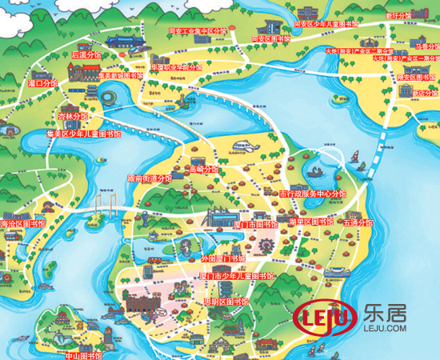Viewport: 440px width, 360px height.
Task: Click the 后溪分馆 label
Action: (x=87, y=55)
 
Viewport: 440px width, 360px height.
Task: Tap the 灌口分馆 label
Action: (x=42, y=82)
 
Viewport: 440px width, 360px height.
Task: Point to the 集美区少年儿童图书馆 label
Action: (x=84, y=134)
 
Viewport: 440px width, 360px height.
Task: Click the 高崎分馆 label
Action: (x=204, y=170)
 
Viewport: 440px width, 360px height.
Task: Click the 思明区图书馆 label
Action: (x=226, y=302)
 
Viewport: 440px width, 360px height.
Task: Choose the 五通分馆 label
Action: (x=358, y=223)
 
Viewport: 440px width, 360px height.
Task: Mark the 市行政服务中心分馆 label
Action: (x=313, y=194)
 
